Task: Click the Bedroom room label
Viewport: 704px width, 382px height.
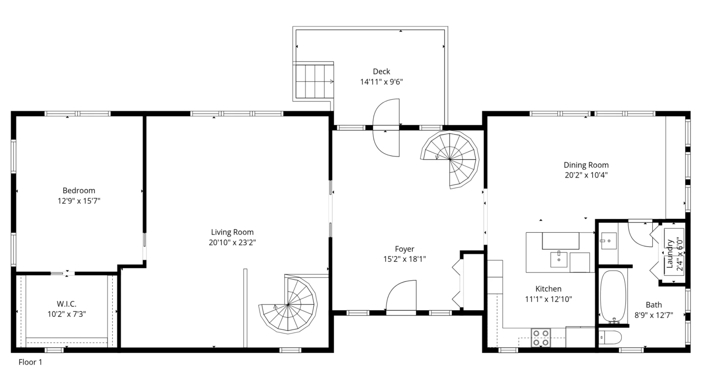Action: (79, 190)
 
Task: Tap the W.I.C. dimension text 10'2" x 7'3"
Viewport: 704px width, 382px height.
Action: (67, 314)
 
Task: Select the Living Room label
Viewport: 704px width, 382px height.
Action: (232, 232)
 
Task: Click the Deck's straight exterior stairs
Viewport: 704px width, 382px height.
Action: (313, 81)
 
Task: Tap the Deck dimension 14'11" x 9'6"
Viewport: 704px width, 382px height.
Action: (381, 82)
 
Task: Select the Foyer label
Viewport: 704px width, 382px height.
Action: (404, 249)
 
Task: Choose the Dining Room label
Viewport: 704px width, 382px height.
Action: (586, 165)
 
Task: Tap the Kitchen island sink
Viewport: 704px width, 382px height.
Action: (559, 259)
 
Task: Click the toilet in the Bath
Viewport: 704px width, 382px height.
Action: (610, 338)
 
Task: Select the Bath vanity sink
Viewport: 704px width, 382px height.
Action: (609, 241)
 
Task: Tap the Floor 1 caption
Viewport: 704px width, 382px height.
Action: (30, 362)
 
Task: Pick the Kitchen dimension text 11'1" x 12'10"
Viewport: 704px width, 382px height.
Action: (549, 299)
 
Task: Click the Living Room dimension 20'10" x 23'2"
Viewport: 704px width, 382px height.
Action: (232, 242)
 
